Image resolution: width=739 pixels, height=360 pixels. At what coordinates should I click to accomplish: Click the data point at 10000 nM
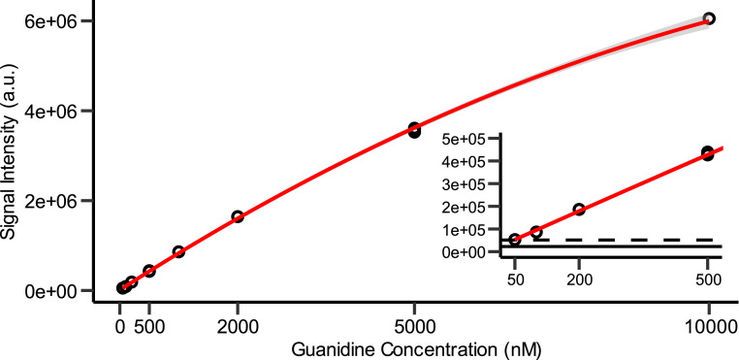coord(709,18)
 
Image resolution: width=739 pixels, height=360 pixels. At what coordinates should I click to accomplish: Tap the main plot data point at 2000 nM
coord(238,216)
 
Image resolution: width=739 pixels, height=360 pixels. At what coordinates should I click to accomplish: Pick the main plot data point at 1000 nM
coord(178,251)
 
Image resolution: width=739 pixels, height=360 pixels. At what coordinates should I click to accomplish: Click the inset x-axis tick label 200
coord(579,279)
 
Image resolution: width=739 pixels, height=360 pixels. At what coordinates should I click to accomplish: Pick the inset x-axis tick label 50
coord(516,279)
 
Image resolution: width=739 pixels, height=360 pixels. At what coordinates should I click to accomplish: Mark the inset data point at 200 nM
coord(579,210)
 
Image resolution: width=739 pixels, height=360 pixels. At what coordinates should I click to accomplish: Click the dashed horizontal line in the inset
coord(621,239)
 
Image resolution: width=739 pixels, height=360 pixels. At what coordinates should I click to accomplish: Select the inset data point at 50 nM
coord(516,240)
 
